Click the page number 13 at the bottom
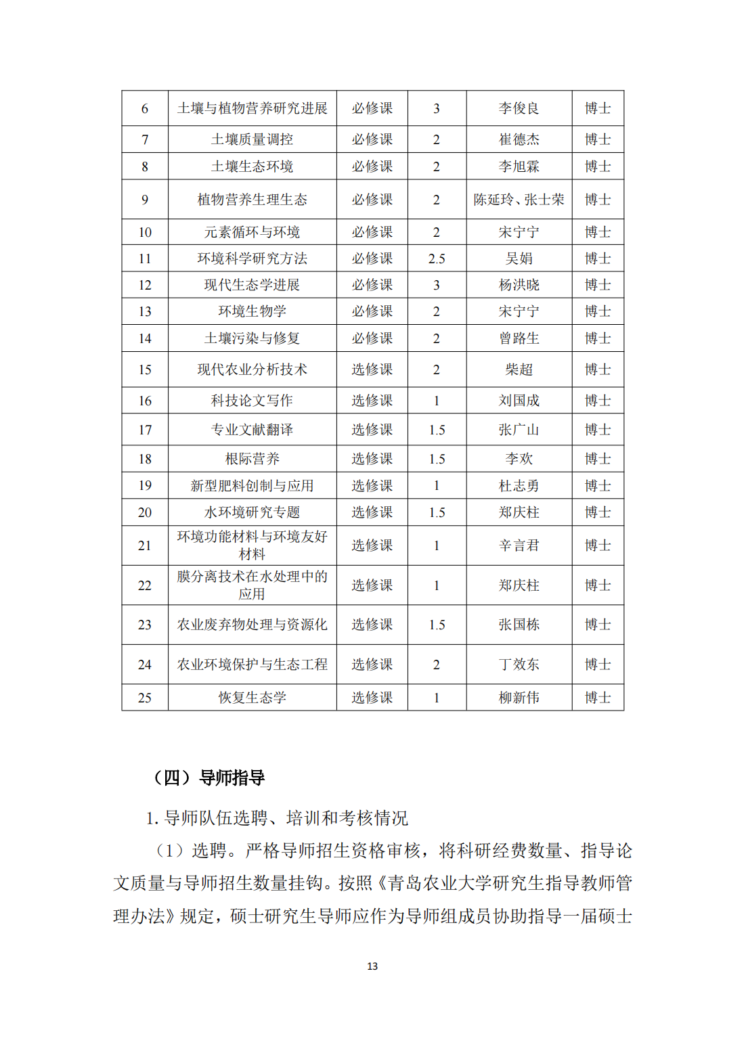(x=372, y=966)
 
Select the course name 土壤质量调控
(x=252, y=139)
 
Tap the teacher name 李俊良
(x=519, y=108)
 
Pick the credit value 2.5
(x=437, y=259)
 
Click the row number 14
(x=145, y=338)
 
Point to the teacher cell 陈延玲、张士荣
(x=519, y=200)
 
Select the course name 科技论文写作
(x=252, y=401)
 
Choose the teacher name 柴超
(x=519, y=369)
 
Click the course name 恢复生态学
(x=252, y=698)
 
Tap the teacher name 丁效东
(x=519, y=665)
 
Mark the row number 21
(x=145, y=545)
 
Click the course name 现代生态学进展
(x=252, y=285)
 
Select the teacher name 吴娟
(x=519, y=259)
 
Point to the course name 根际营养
(x=252, y=459)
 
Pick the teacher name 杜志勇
(x=519, y=486)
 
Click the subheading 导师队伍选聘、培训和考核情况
(x=286, y=818)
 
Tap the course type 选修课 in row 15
(x=372, y=369)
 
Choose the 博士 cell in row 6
(x=598, y=108)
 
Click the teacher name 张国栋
(x=519, y=625)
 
